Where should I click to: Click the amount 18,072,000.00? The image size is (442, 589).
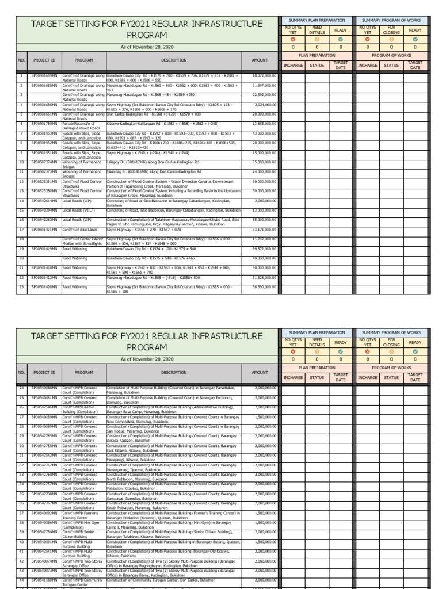[265, 75]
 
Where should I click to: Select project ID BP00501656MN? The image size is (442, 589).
[44, 105]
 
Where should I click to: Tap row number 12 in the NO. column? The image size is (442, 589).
[21, 181]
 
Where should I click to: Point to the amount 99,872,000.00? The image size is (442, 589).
[265, 248]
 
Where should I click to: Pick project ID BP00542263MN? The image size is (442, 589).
[44, 219]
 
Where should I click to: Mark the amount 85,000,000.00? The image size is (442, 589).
[265, 219]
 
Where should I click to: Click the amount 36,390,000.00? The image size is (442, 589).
[265, 286]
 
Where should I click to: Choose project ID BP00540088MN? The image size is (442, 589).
[44, 388]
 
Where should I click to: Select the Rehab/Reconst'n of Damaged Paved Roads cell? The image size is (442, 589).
[83, 125]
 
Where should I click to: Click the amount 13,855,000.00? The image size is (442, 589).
[265, 123]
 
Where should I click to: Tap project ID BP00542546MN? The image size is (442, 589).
[44, 406]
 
